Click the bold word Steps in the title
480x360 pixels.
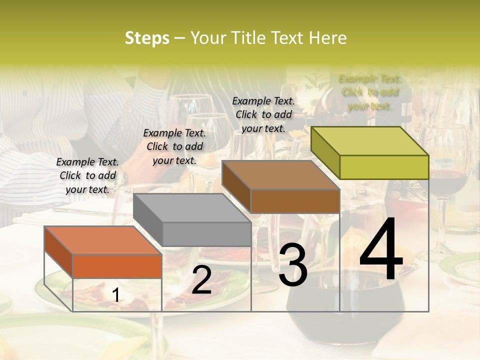pos(147,38)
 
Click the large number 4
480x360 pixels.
pos(381,249)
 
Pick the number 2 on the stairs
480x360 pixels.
pos(201,280)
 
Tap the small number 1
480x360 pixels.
pos(115,295)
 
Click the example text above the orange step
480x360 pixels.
pos(87,175)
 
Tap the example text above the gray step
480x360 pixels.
pos(174,146)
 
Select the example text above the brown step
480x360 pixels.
pos(263,114)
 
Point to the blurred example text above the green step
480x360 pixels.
pos(370,92)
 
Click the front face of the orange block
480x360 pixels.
pos(117,266)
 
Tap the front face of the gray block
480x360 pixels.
pos(206,234)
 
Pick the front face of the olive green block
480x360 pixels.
pos(384,167)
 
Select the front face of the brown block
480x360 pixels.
pos(295,201)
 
